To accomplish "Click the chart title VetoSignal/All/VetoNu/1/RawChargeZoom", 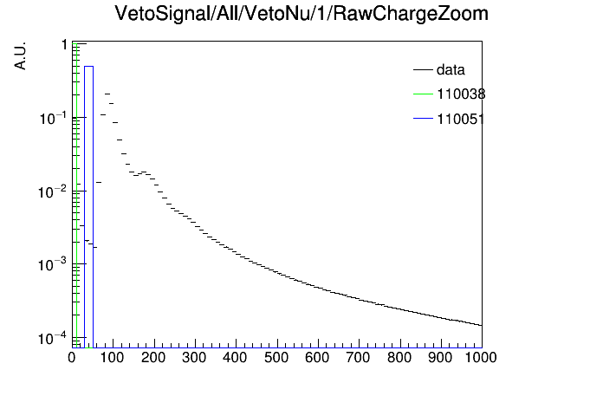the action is (301, 14).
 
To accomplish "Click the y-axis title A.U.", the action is (20, 55).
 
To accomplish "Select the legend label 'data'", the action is (451, 69).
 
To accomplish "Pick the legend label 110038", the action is (461, 94).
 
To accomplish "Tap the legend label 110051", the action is (461, 119).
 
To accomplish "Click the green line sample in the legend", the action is (423, 94).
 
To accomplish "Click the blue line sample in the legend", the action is (423, 119).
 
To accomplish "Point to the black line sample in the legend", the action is (423, 69).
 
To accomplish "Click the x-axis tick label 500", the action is (276, 358).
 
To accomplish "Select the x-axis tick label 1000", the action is (481, 358).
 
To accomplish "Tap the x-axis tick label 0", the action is (72, 358).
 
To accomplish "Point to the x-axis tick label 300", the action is (195, 358).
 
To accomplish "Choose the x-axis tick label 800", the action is (399, 358).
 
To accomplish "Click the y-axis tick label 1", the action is (65, 45).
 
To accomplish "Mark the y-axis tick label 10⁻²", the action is (53, 192).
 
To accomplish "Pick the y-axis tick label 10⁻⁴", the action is (53, 338).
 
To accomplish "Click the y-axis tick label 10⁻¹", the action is (53, 118).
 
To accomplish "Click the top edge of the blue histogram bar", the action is (89, 67).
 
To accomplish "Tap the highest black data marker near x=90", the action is (107, 94).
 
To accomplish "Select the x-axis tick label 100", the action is (113, 358).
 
